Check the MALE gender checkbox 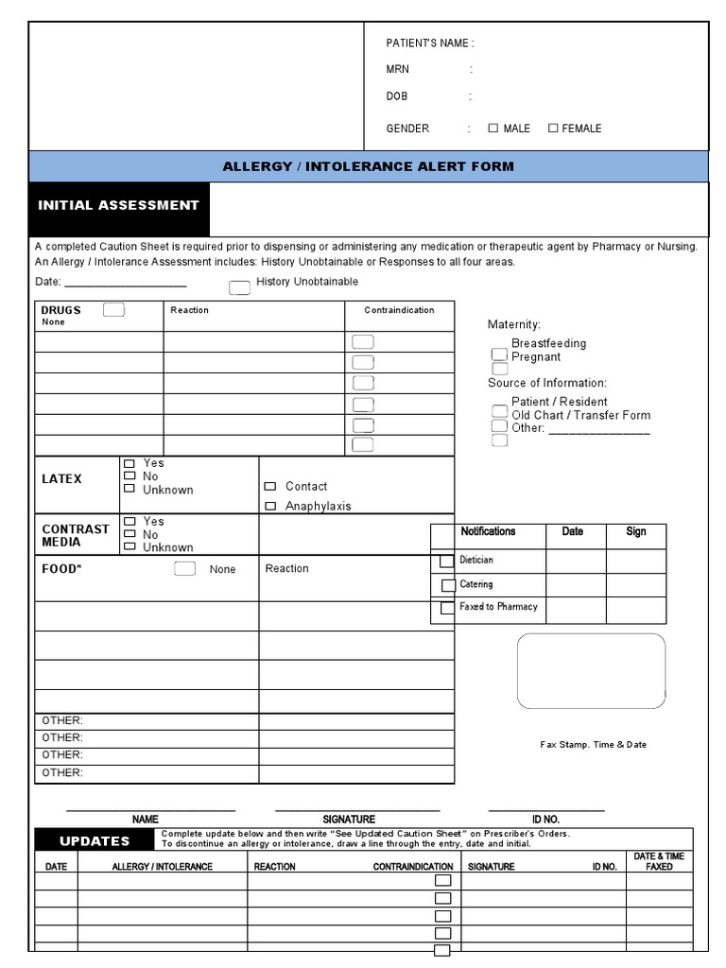493,128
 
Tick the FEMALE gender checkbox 553,128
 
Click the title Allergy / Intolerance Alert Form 368,166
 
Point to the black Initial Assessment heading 119,206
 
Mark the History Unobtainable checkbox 240,287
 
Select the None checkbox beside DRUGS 113,310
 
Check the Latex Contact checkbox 270,486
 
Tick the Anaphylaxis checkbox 270,506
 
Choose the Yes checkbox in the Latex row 129,463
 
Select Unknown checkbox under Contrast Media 129,546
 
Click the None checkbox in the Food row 185,568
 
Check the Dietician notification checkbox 446,562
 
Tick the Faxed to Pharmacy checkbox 446,608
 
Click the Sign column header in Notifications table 636,532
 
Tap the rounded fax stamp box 591,671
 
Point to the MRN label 398,70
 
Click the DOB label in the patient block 397,96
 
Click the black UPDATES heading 95,841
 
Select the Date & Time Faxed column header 659,861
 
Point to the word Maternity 514,325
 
